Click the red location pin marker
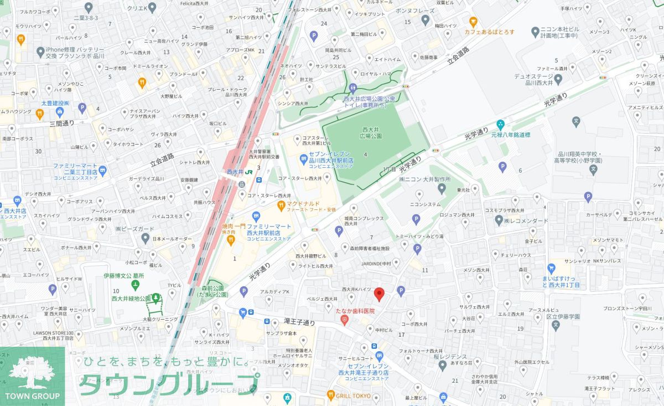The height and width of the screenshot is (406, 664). point(379,294)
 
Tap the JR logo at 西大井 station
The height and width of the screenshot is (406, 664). point(249,172)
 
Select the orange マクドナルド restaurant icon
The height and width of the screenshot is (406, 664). point(281,206)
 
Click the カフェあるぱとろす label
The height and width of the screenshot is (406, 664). point(489,32)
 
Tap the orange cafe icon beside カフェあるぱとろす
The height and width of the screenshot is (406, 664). point(473,22)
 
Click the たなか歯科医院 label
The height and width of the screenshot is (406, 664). point(355,311)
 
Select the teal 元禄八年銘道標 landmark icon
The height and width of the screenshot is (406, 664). point(501,124)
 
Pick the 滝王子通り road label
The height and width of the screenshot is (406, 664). point(299,322)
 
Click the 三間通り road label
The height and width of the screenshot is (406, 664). point(61,123)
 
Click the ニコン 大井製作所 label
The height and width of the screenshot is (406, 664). point(424,179)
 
